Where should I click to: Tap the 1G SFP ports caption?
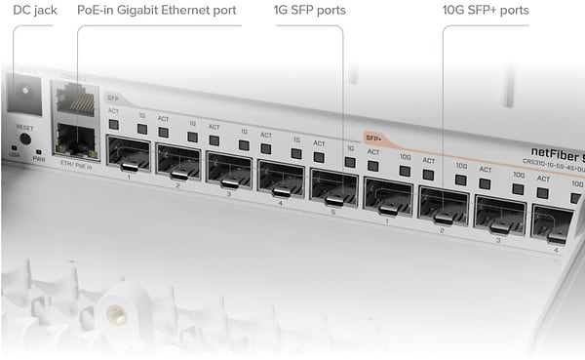[x=311, y=11]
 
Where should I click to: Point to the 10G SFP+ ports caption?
[x=486, y=11]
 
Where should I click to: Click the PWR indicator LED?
[x=38, y=151]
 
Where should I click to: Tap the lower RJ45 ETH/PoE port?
[x=76, y=140]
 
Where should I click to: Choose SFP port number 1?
[x=128, y=156]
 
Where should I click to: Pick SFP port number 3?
[x=230, y=169]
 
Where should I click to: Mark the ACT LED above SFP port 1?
[x=114, y=127]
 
